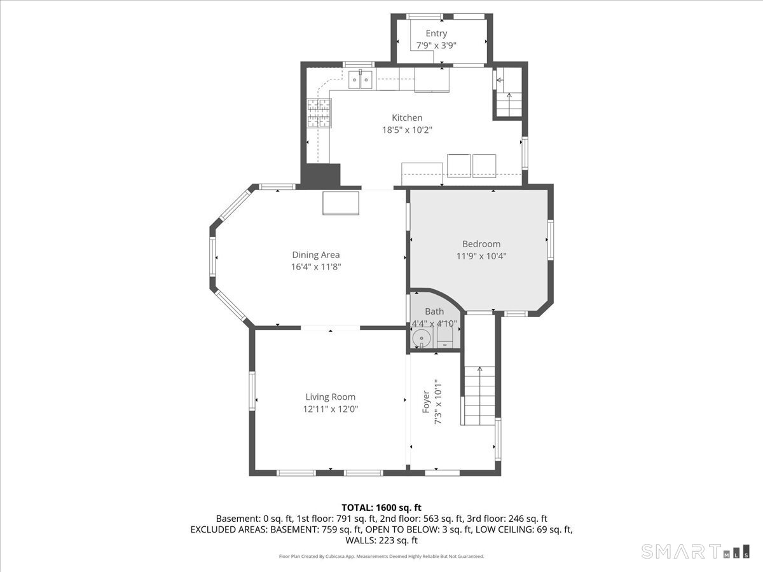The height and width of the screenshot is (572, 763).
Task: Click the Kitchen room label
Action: [x=407, y=118]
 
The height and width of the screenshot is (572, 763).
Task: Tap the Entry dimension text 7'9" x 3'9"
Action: [x=436, y=46]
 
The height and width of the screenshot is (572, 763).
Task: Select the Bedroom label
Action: [x=481, y=244]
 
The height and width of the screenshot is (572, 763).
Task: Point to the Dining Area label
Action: [x=315, y=255]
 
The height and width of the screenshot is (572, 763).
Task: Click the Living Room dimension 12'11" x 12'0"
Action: [x=330, y=409]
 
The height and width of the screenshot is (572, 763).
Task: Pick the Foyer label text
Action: [x=426, y=402]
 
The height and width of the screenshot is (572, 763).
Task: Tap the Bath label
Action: [x=434, y=311]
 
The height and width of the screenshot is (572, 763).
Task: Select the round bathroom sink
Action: [x=422, y=339]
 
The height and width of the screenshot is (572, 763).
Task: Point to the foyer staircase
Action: [x=479, y=395]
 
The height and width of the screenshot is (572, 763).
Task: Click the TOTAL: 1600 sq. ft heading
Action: [x=381, y=508]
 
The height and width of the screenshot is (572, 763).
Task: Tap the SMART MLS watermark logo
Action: [x=695, y=551]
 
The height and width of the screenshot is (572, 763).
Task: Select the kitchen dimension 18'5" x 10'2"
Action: [x=407, y=130]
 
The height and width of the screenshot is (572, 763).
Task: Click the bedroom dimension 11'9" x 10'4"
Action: [x=481, y=256]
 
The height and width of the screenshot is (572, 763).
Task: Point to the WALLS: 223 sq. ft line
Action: [x=381, y=540]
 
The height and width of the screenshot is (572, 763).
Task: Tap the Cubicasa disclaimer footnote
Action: [x=381, y=556]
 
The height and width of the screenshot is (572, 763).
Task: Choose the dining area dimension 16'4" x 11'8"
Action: [x=315, y=267]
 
